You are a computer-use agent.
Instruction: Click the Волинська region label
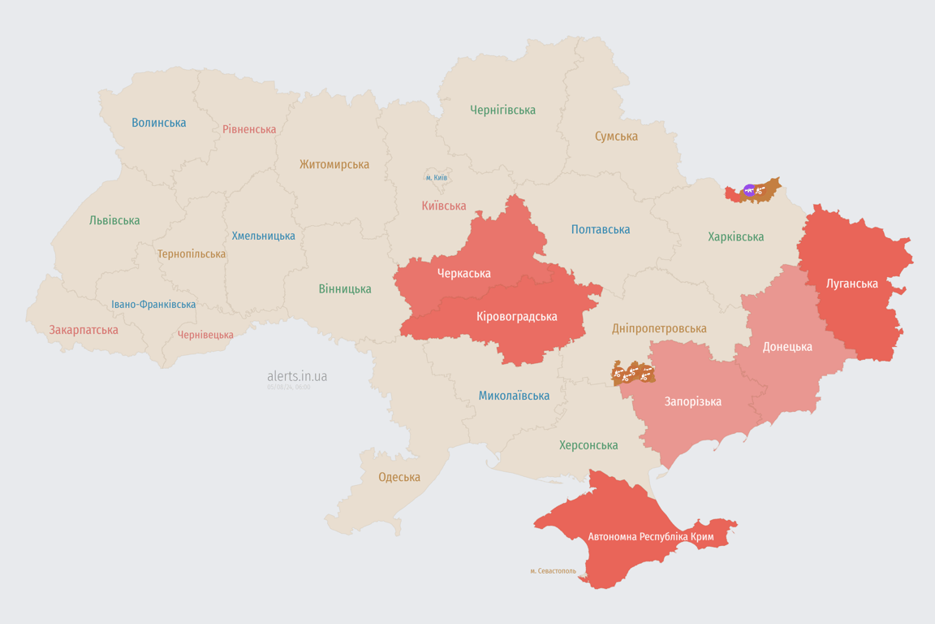pyautogui.click(x=159, y=123)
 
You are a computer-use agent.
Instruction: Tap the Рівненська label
pyautogui.click(x=249, y=129)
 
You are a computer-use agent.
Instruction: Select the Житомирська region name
pyautogui.click(x=334, y=164)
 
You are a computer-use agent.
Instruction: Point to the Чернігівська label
pyautogui.click(x=502, y=110)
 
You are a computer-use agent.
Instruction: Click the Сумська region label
pyautogui.click(x=616, y=136)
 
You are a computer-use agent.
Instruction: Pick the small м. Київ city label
pyautogui.click(x=436, y=177)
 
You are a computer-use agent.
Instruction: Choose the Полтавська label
pyautogui.click(x=601, y=230)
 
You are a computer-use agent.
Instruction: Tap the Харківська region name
pyautogui.click(x=735, y=237)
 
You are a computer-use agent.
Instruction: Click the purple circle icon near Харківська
pyautogui.click(x=749, y=191)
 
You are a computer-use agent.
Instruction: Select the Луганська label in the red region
pyautogui.click(x=851, y=284)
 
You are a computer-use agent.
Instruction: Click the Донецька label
pyautogui.click(x=787, y=347)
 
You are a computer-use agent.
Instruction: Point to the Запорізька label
pyautogui.click(x=692, y=401)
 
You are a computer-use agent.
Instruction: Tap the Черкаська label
pyautogui.click(x=463, y=274)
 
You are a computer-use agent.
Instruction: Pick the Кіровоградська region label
pyautogui.click(x=517, y=316)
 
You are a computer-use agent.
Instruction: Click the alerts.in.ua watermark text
pyautogui.click(x=297, y=376)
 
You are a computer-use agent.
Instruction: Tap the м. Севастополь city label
pyautogui.click(x=553, y=571)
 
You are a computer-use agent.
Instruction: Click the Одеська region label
pyautogui.click(x=399, y=477)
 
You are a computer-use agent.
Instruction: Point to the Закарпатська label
pyautogui.click(x=84, y=330)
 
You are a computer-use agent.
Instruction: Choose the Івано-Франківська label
pyautogui.click(x=153, y=305)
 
